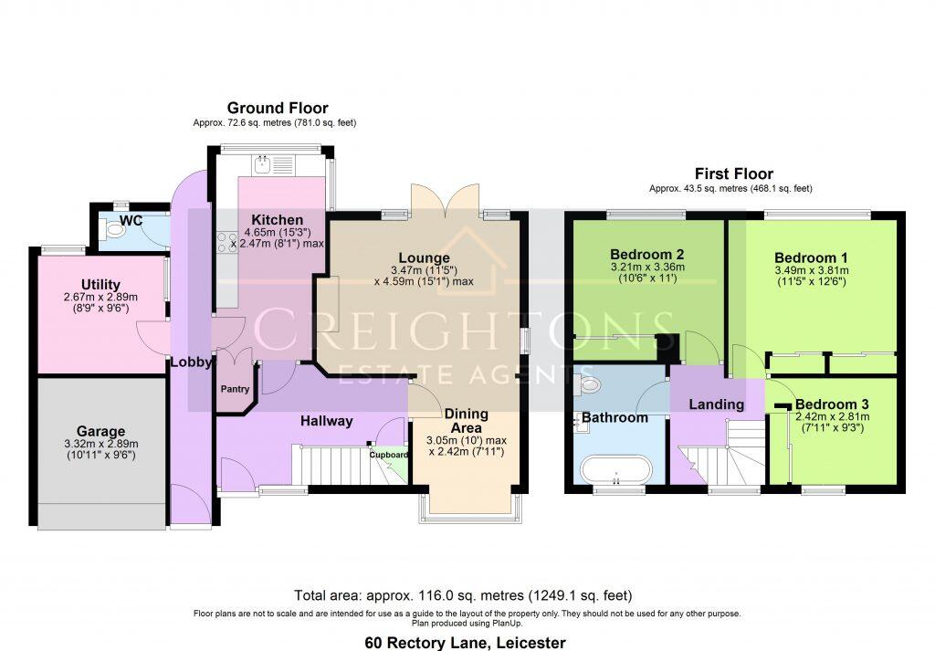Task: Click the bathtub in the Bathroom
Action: (x=615, y=470)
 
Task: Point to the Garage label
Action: (x=100, y=431)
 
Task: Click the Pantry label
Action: (x=235, y=390)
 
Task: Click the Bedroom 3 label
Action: (x=831, y=404)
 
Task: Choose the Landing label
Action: (x=716, y=404)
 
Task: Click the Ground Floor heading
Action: (x=278, y=108)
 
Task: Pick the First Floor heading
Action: (x=733, y=173)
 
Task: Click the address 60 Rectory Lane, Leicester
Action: (x=465, y=643)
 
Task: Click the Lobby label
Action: (x=191, y=362)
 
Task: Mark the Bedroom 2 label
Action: (x=646, y=254)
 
